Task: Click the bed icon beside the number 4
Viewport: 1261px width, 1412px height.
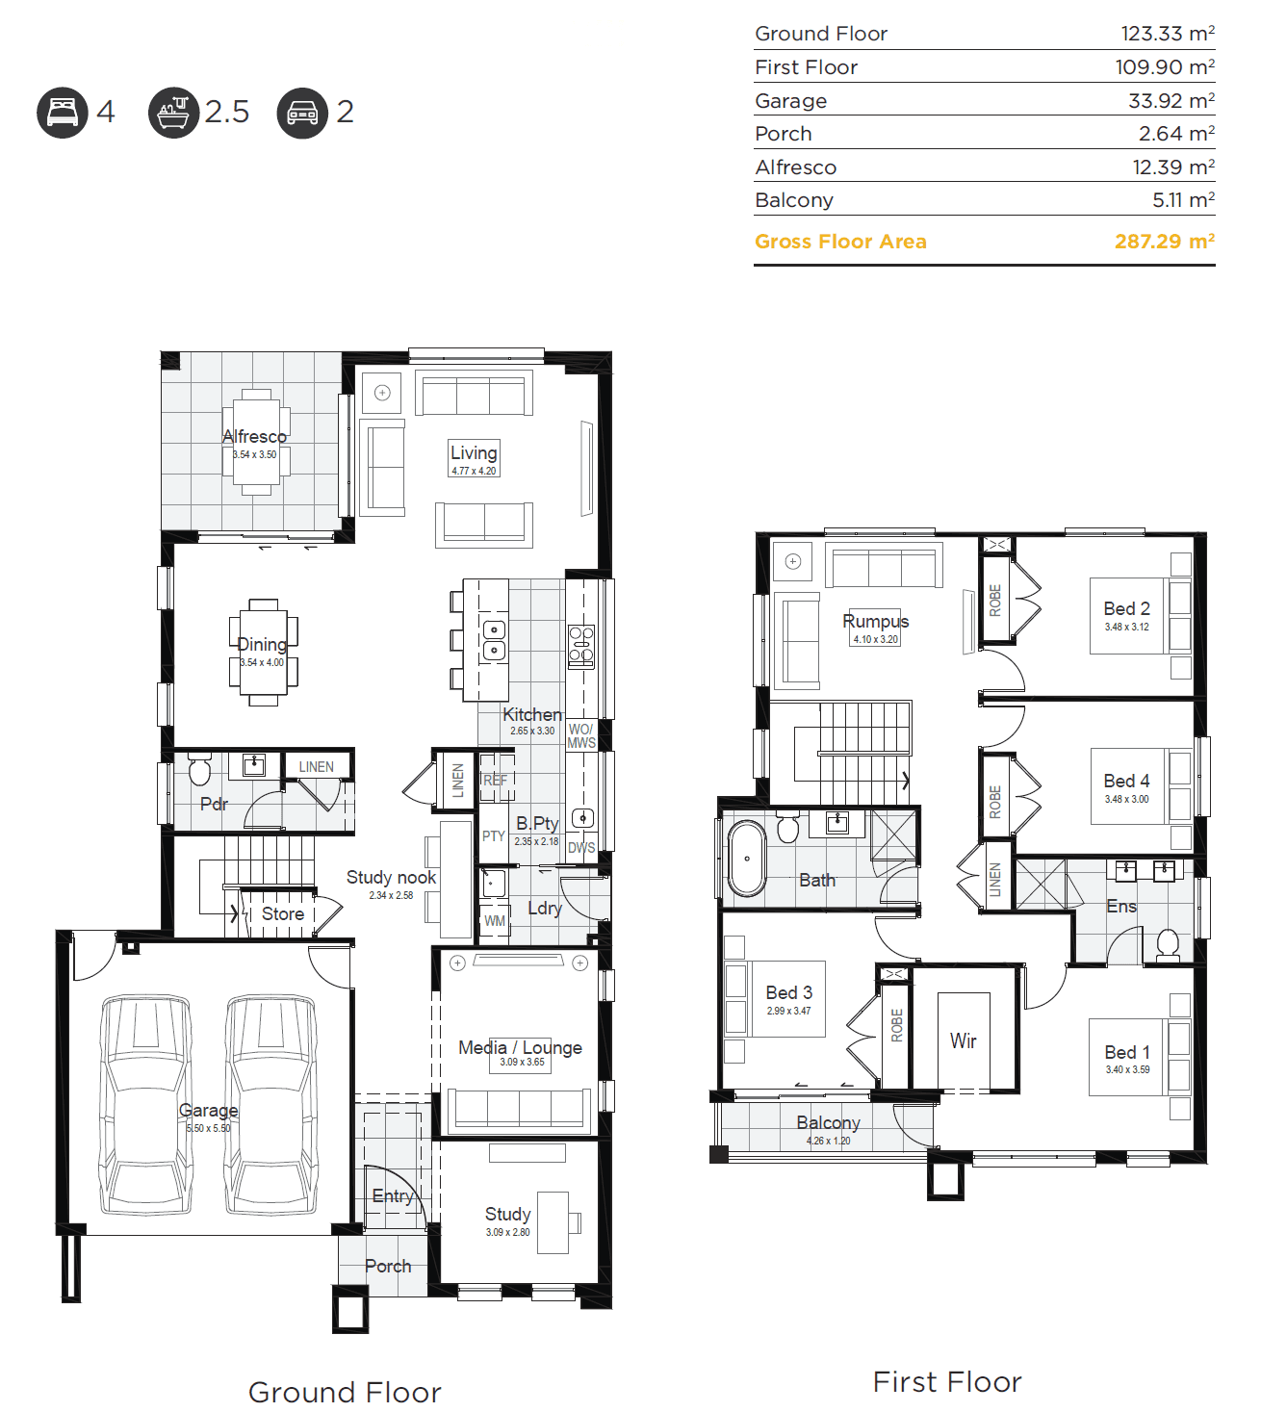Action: tap(63, 113)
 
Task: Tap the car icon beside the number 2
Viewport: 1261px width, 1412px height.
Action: tap(302, 113)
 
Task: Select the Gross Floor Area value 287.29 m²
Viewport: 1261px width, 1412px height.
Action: tap(1164, 241)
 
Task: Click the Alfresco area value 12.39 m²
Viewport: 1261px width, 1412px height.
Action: tap(1173, 167)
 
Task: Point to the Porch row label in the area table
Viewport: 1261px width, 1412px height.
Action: tap(783, 133)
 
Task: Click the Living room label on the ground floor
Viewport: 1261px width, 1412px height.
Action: tap(474, 452)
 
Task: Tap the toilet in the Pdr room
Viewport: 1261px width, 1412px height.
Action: tap(200, 768)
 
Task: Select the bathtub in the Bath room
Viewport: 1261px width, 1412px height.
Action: tap(747, 858)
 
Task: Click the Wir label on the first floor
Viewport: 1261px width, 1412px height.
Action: tap(963, 1040)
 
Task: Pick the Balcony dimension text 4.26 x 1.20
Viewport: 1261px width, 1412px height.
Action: tap(828, 1141)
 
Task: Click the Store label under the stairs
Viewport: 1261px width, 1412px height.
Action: tap(282, 913)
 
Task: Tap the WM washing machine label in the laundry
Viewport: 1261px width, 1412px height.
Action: tap(494, 921)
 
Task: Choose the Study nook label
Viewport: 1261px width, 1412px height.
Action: tap(391, 878)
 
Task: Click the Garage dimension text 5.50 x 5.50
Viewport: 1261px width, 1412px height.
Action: tap(208, 1128)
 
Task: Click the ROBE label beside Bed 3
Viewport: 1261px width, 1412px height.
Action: tap(896, 1025)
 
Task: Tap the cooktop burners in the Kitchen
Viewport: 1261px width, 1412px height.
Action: tap(580, 645)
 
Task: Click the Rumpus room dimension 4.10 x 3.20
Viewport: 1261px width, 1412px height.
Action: tap(876, 639)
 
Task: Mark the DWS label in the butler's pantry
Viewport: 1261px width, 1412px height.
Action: tap(581, 848)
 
